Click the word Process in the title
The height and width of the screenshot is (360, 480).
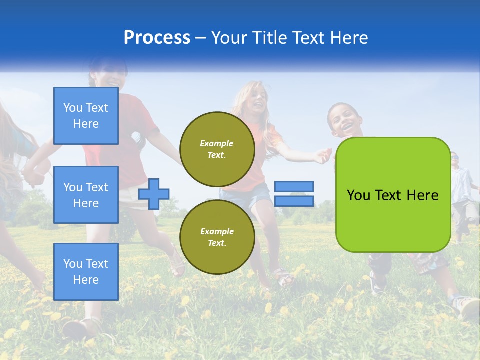tap(157, 38)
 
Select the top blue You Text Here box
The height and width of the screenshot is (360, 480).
tap(86, 116)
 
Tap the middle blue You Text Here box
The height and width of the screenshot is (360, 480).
tap(86, 195)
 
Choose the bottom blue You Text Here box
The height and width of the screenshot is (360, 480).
tap(86, 272)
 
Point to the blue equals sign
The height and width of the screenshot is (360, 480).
tap(294, 194)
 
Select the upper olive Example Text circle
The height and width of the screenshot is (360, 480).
tap(217, 149)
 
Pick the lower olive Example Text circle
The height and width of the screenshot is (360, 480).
tap(217, 237)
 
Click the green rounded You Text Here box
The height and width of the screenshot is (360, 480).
tap(393, 195)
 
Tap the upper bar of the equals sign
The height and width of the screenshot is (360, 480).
tap(294, 187)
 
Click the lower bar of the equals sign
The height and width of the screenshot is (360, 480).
tap(294, 201)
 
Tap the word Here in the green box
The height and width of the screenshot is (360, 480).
tap(422, 195)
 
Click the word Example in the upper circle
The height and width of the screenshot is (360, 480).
tap(217, 143)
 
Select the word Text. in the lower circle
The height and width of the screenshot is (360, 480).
tap(217, 243)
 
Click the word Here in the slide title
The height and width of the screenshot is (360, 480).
tap(348, 38)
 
